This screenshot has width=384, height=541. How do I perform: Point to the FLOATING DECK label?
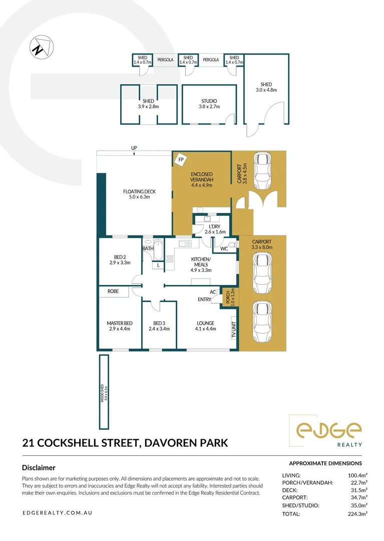(x=140, y=194)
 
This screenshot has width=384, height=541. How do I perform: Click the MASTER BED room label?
(x=119, y=326)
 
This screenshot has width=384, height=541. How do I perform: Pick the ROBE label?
(x=113, y=291)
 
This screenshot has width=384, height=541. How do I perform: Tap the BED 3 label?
(x=159, y=326)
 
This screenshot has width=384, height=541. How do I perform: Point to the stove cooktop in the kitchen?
(x=170, y=259)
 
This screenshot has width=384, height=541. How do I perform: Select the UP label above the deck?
(x=134, y=148)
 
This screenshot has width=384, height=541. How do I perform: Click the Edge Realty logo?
(x=328, y=431)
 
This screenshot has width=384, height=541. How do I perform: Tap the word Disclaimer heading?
(x=39, y=468)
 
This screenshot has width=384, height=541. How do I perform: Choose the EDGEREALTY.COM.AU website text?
(x=57, y=513)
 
